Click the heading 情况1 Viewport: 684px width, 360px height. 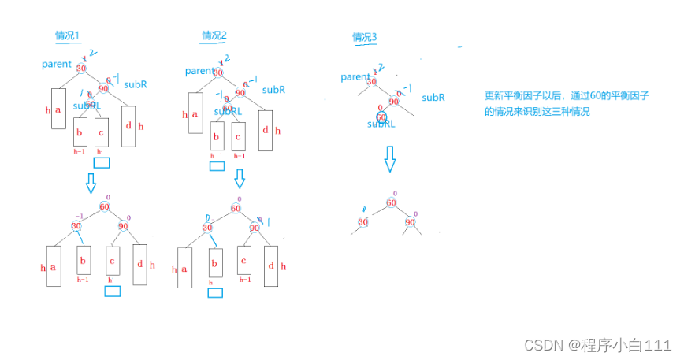68,35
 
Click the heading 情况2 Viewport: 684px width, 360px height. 214,35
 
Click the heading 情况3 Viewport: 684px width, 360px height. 364,37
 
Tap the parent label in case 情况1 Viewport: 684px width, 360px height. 57,64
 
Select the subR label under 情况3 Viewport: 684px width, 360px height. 433,98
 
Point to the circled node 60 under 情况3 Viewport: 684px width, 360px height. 382,117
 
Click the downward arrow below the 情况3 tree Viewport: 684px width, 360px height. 389,160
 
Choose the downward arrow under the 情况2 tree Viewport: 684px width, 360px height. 240,180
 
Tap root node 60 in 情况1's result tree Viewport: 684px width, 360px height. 104,206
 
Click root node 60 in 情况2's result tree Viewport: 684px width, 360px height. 236,209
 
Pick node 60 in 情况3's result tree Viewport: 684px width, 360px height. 391,202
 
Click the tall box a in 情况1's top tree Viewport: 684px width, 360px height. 57,108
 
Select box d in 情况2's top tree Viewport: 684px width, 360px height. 266,130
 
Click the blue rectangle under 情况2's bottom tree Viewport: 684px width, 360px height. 214,292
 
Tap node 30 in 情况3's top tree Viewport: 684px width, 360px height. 372,81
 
